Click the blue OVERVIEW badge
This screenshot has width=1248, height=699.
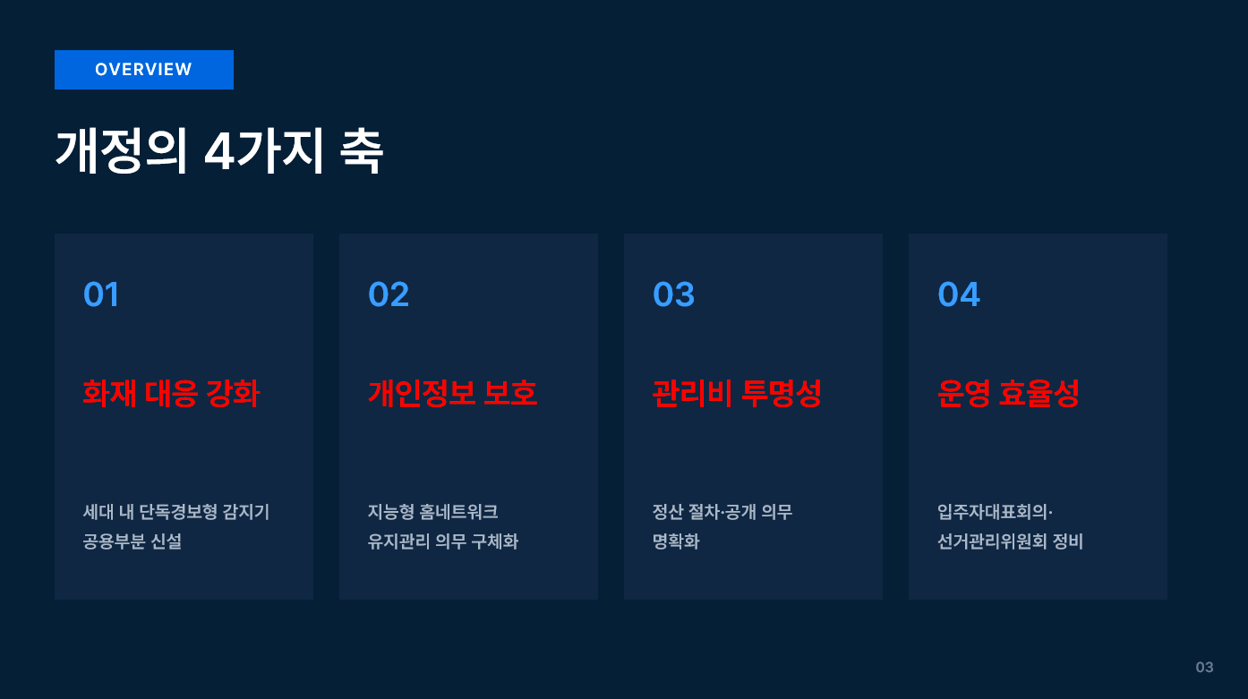tap(144, 70)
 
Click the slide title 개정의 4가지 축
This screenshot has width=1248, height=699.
tap(219, 151)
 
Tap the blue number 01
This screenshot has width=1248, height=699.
tap(101, 294)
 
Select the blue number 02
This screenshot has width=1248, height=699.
tap(389, 294)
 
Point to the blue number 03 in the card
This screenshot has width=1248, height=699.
tap(673, 294)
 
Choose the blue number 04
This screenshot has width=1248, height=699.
tap(958, 294)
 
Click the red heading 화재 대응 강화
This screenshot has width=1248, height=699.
tap(171, 393)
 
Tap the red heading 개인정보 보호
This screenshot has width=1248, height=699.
tap(452, 393)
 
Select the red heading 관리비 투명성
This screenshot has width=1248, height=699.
tap(737, 393)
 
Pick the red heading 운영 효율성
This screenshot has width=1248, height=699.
tap(1008, 393)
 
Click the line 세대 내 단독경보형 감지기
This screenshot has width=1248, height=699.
tap(176, 512)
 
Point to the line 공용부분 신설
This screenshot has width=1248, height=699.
tap(132, 541)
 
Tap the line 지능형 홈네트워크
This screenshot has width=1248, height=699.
tap(433, 512)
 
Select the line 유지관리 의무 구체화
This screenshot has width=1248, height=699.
tap(443, 541)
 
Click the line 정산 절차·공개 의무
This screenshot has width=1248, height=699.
tap(722, 512)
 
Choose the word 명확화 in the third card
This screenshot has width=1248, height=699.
tap(676, 541)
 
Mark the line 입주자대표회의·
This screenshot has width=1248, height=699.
tap(995, 512)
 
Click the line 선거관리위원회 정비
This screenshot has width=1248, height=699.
tap(1010, 541)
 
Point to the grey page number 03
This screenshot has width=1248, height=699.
tap(1204, 668)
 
